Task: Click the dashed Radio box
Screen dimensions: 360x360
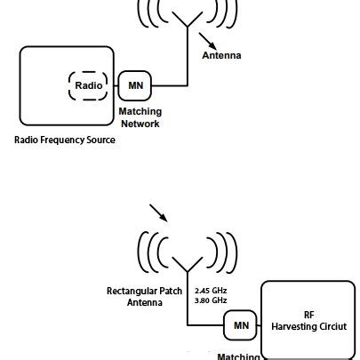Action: pyautogui.click(x=87, y=86)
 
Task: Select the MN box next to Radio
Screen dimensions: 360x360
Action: pyautogui.click(x=136, y=86)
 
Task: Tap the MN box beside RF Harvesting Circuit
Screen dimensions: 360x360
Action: pyautogui.click(x=241, y=326)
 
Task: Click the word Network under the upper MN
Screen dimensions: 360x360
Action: pyautogui.click(x=139, y=124)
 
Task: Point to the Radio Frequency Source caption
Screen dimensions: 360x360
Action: pyautogui.click(x=65, y=140)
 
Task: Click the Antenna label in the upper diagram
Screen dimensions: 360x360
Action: pyautogui.click(x=222, y=55)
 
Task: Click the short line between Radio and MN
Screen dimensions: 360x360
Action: pyautogui.click(x=114, y=86)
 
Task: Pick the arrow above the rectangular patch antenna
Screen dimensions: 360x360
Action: pyautogui.click(x=156, y=213)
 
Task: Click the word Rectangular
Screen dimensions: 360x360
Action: pyautogui.click(x=127, y=291)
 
